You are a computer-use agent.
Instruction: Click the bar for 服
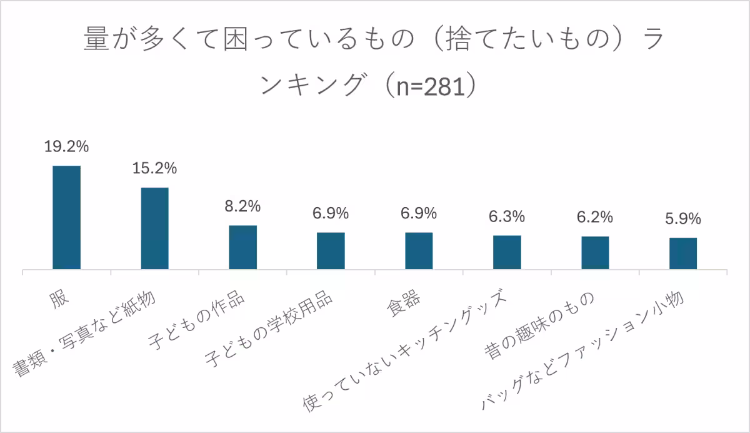point(66,217)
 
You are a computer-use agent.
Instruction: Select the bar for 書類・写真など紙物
point(154,228)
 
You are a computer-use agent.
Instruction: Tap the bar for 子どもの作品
point(242,247)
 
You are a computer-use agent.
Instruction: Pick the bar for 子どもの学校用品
point(331,250)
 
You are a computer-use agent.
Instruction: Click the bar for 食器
point(419,250)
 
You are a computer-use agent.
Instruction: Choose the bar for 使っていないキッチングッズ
point(507,252)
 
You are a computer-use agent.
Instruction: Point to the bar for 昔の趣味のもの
point(595,253)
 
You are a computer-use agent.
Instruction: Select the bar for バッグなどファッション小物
point(683,253)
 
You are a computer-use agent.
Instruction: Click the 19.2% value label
point(66,147)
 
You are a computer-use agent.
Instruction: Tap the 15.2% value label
point(154,168)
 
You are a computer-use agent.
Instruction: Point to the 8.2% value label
point(242,206)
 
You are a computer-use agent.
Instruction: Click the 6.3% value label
point(507,216)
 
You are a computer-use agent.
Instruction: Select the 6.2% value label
point(595,217)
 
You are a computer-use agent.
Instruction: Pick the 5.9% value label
point(683,219)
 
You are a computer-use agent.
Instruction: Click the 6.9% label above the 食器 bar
point(419,213)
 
